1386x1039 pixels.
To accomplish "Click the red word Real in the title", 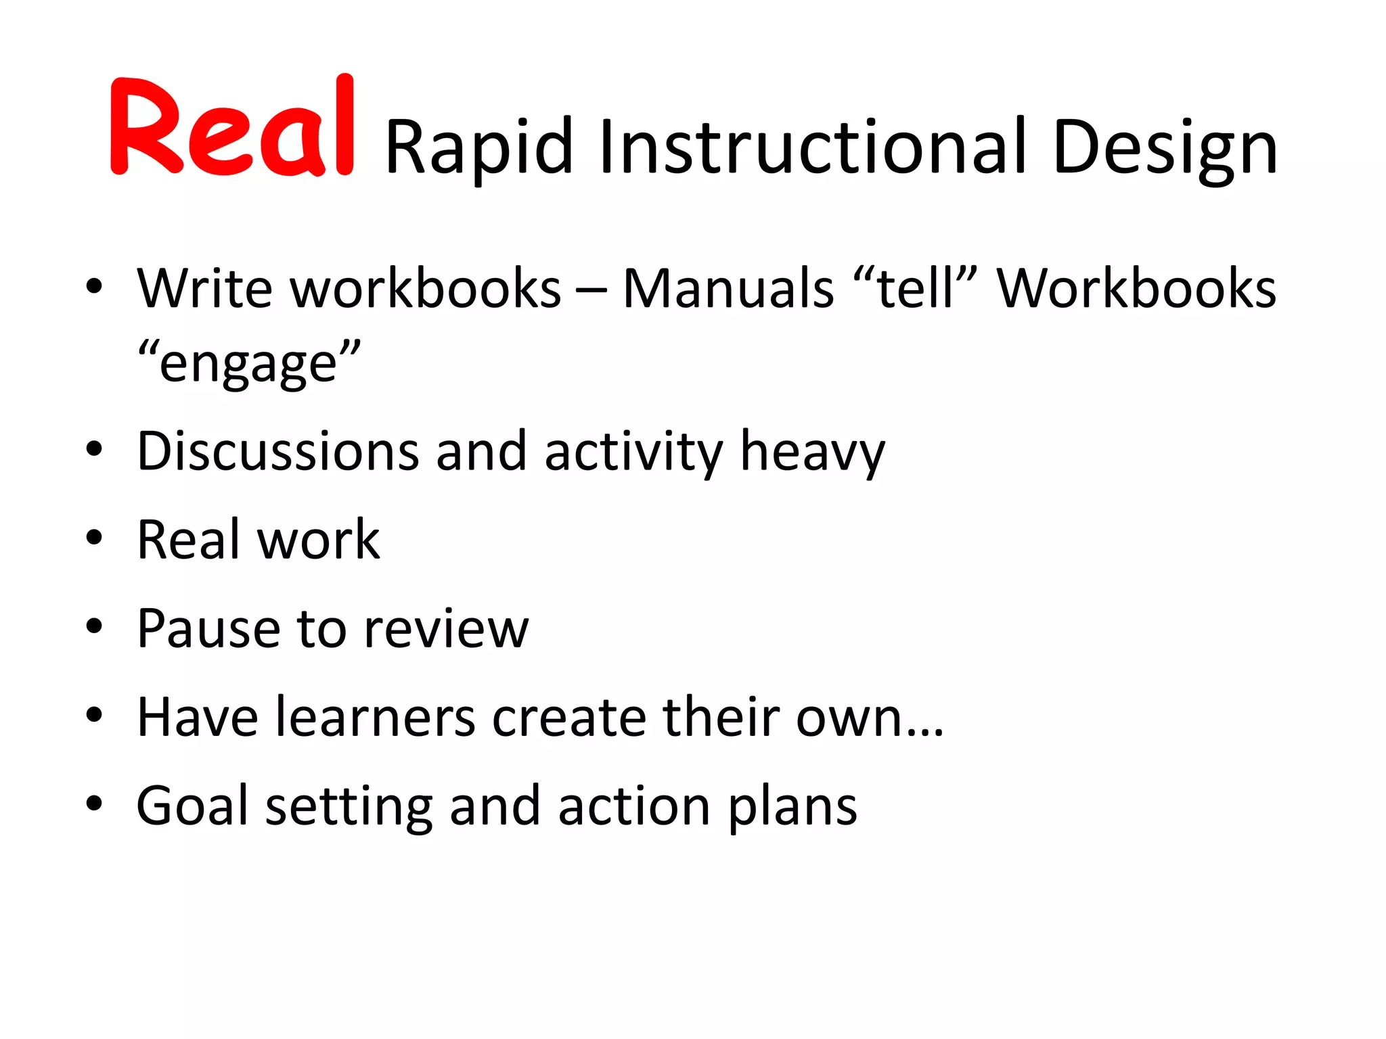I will pos(231,127).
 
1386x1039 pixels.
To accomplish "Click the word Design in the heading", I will pos(1165,147).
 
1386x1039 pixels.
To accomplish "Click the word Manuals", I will pos(728,288).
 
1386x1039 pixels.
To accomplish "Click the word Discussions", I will pos(277,451).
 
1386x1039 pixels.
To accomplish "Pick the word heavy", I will pos(812,452).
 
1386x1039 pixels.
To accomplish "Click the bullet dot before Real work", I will pos(94,538).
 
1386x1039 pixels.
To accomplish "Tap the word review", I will pos(446,628).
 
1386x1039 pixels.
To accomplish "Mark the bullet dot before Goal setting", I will pos(94,804).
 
